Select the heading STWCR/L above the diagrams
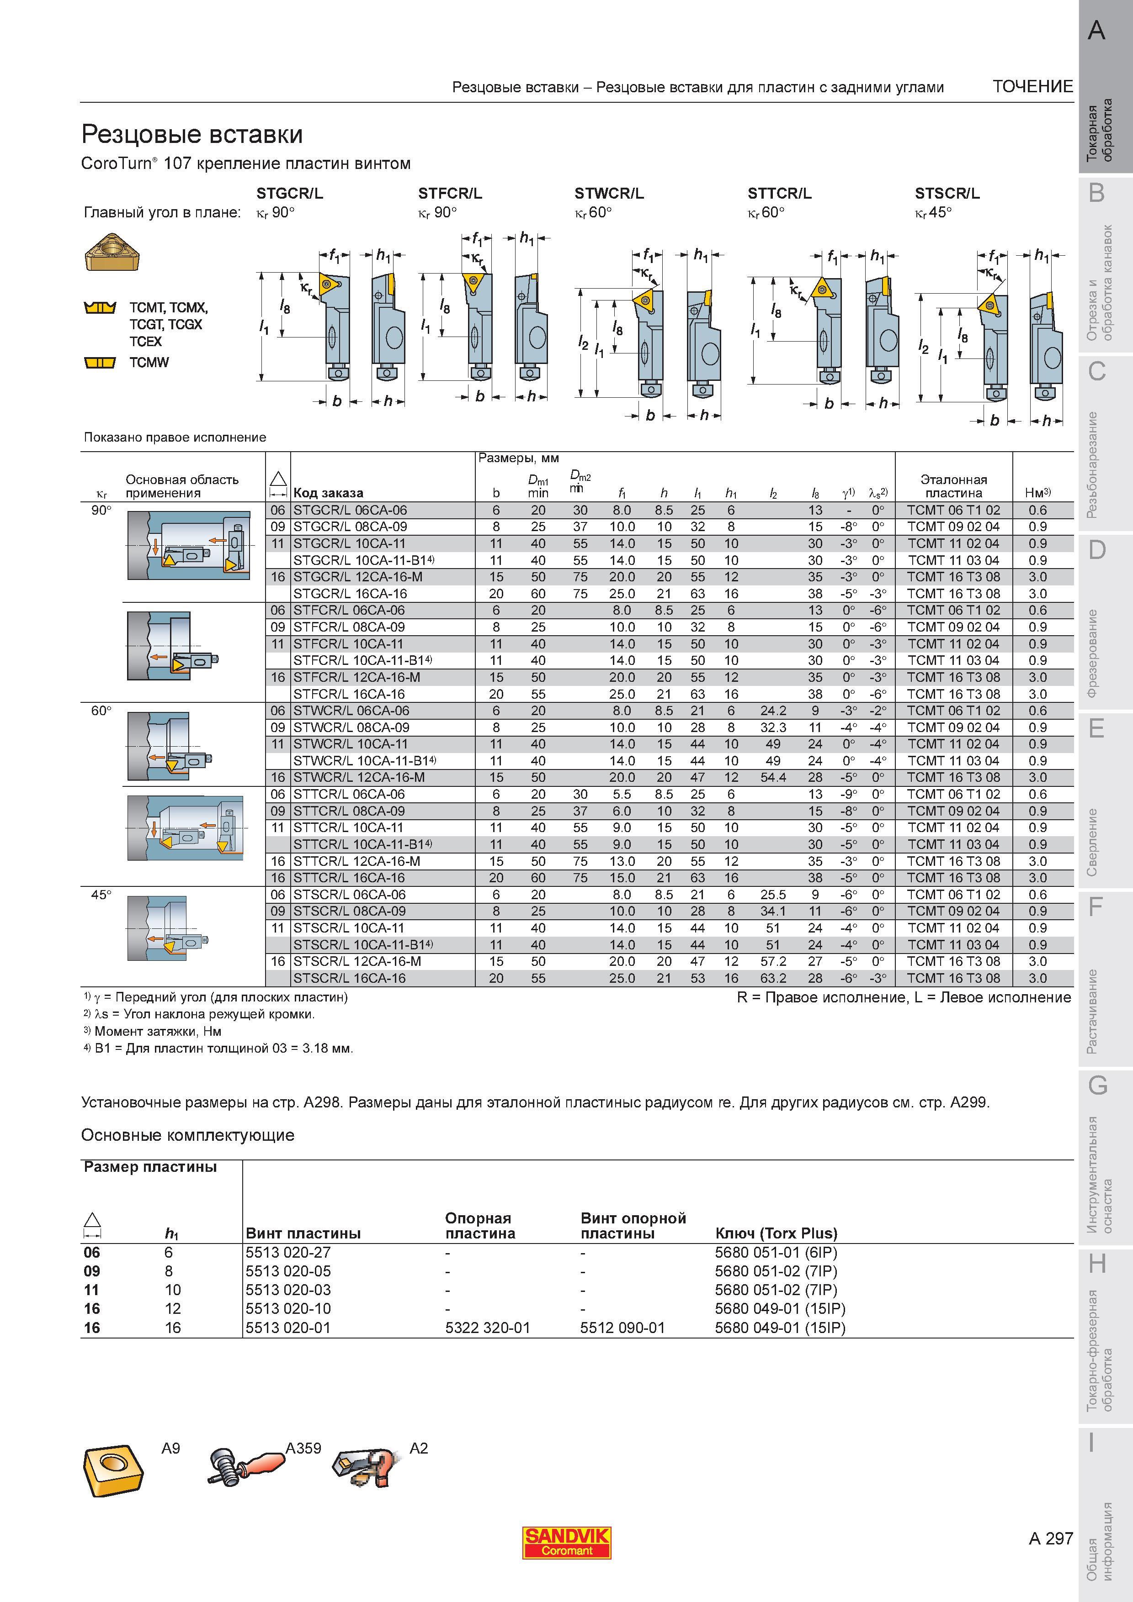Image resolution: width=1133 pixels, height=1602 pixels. [609, 193]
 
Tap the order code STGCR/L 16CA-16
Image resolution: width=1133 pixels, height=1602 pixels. [350, 594]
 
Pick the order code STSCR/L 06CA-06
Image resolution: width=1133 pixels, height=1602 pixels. [350, 895]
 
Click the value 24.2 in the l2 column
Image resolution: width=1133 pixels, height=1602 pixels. [773, 710]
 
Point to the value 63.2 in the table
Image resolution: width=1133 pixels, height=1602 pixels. [773, 978]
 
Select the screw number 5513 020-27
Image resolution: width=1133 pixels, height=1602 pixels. [288, 1253]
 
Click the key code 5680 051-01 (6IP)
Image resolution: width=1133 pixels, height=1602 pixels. [776, 1253]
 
